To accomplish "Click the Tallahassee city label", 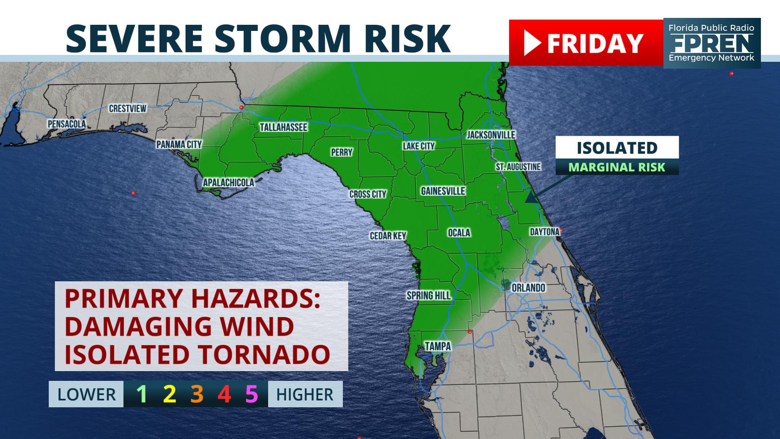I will point(284,127).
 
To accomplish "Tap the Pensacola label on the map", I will point(67,124).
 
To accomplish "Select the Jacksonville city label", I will point(491,135).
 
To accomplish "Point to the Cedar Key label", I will point(388,236).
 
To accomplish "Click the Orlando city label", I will point(528,288).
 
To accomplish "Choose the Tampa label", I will point(438,346).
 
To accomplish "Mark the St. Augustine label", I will point(518,167).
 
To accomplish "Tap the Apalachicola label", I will point(228,183).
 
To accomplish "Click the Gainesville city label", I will point(443,191).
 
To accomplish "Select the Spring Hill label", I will point(429,296).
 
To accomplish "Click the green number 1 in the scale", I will point(141,394).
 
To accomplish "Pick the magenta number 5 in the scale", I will point(251,394).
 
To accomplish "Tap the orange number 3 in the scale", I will point(197,394).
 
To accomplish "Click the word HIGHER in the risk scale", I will point(305,395).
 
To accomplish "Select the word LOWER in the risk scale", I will point(87,395).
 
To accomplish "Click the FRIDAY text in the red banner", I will point(595,43).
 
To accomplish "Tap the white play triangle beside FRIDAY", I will point(532,43).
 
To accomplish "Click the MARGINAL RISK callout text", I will point(617,167).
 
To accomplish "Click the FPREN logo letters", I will point(711,43).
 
